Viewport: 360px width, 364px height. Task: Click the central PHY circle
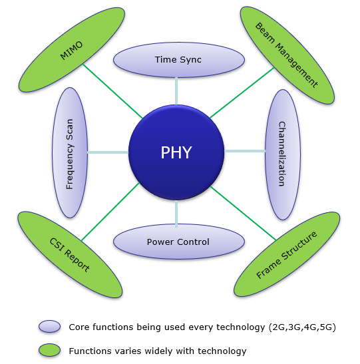pos(176,152)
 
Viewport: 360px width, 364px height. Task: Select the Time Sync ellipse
pos(179,60)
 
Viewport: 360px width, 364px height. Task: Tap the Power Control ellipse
pos(179,242)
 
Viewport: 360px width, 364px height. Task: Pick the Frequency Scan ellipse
pos(70,153)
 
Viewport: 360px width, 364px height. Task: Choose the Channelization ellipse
pos(282,154)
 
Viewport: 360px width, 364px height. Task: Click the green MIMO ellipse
pos(71,50)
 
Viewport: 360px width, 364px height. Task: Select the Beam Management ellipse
pos(287,55)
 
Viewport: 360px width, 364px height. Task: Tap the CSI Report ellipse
pos(70,255)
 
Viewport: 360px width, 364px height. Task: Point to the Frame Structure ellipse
pos(287,254)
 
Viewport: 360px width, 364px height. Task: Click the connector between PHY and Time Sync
pos(176,91)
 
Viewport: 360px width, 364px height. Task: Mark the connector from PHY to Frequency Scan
pos(108,152)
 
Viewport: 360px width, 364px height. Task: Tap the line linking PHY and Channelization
pos(245,151)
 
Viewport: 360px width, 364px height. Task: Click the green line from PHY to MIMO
pos(112,91)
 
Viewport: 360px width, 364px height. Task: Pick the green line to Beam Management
pos(242,92)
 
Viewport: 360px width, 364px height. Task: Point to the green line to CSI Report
pos(110,212)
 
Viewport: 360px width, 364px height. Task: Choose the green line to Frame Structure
pos(244,213)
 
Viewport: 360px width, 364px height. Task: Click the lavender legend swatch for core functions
pos(49,326)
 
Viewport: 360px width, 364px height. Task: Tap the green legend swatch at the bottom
pos(49,350)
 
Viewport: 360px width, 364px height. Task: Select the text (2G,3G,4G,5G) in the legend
pos(302,327)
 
